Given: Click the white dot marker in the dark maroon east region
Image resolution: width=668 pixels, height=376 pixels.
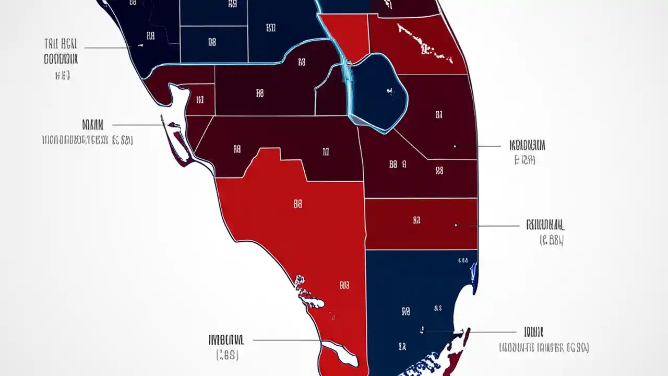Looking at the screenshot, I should [455, 146].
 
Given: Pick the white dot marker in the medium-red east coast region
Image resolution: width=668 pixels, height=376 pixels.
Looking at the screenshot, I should [456, 225].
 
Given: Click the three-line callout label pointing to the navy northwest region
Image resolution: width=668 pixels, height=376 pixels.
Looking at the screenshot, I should [61, 59].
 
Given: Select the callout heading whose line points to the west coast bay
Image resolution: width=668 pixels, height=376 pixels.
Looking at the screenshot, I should [93, 125].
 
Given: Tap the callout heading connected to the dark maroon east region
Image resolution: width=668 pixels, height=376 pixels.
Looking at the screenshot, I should [527, 145].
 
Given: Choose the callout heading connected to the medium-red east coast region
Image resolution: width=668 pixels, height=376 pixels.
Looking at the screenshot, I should [545, 225].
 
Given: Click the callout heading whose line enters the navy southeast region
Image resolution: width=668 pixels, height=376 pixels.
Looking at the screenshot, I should [534, 332].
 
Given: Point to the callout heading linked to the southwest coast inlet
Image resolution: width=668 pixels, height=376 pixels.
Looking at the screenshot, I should [226, 340].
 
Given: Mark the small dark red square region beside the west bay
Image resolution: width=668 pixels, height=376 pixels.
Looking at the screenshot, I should [200, 99].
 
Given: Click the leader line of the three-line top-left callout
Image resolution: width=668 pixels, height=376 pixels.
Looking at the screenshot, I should [107, 48].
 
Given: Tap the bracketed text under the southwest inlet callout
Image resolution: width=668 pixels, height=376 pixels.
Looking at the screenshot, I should [228, 356].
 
